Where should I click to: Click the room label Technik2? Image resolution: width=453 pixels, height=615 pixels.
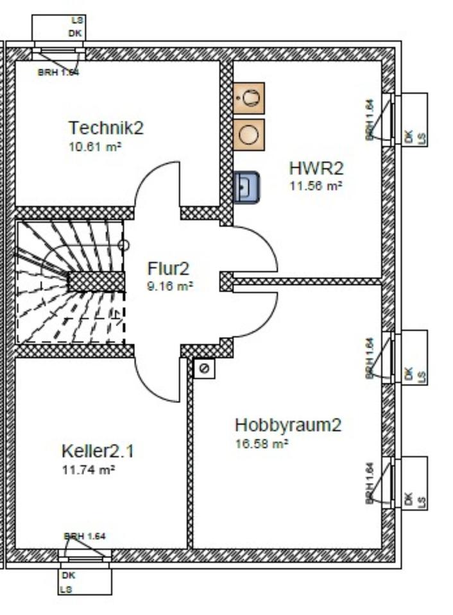click(x=106, y=127)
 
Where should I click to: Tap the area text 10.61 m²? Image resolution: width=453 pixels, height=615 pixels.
click(x=95, y=146)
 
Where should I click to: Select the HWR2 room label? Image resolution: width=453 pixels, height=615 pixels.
click(x=316, y=168)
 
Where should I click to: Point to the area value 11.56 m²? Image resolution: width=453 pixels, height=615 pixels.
click(x=315, y=186)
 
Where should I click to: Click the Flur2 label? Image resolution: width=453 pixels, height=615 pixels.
click(x=169, y=268)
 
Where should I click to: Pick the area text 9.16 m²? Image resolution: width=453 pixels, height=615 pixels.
click(x=169, y=286)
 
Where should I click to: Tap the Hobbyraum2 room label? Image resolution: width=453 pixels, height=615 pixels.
click(x=288, y=425)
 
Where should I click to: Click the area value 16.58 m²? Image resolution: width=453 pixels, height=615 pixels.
click(x=262, y=443)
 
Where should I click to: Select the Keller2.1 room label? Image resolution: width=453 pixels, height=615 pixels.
click(x=98, y=451)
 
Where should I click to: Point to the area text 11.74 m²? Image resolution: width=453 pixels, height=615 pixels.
click(x=88, y=470)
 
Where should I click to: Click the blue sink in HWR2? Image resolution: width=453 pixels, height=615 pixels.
click(x=246, y=187)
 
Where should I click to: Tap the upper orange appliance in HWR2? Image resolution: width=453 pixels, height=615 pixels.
click(x=249, y=98)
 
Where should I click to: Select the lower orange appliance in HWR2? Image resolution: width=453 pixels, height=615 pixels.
click(x=249, y=135)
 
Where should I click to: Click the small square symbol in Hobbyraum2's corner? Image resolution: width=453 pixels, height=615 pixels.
click(x=205, y=369)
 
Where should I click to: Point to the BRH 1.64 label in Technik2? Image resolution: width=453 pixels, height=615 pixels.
click(x=58, y=72)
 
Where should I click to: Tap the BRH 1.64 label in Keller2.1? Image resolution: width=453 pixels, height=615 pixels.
click(x=84, y=536)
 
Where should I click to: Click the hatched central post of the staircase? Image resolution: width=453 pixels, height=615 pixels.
click(x=96, y=281)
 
